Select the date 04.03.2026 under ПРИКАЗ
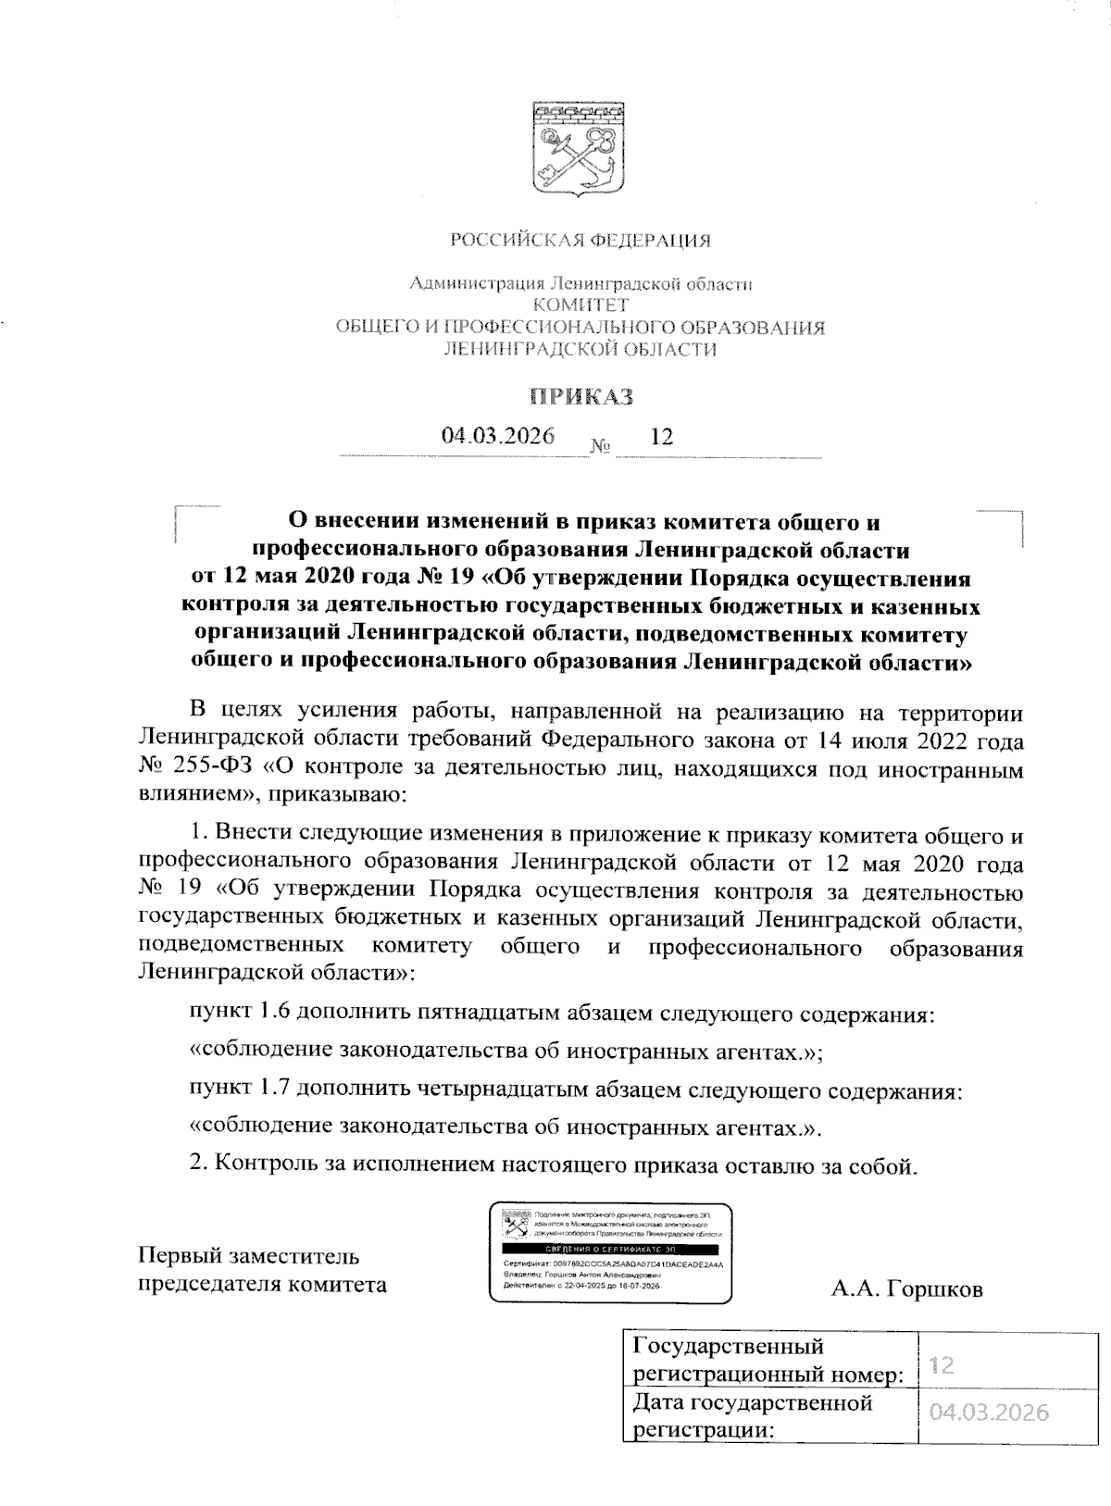[498, 436]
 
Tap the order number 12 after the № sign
[662, 437]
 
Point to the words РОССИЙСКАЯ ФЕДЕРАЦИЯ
[580, 242]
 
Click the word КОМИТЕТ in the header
[580, 305]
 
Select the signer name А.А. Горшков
[906, 1288]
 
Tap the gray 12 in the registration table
[942, 1365]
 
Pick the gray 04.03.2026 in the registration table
[990, 1413]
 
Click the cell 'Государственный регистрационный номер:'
[767, 1360]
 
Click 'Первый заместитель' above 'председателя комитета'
[248, 1256]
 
